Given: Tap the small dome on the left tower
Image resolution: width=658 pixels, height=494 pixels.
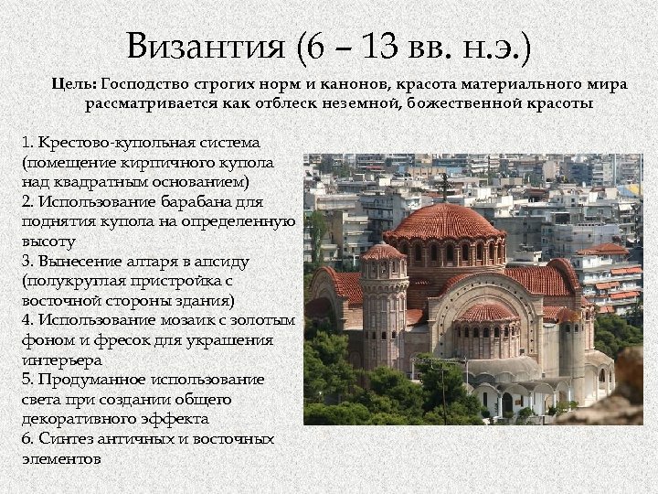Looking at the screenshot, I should coord(382,252).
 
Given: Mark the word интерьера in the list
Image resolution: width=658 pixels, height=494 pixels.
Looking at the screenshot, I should coord(58,360).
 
